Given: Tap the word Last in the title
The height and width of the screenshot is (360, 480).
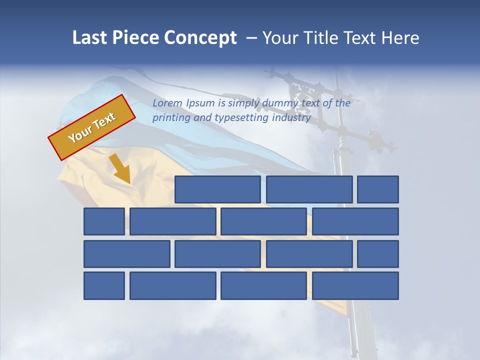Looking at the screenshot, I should click(90, 38).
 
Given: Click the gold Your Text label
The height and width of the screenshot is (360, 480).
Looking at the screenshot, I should click(91, 127).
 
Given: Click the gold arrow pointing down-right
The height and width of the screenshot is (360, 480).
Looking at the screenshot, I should click(121, 170).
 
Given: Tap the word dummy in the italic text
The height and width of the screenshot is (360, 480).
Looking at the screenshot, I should click(246, 103).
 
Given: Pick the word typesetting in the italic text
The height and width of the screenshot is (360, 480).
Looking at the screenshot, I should click(241, 118).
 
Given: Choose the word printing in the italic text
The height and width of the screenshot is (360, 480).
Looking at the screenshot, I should click(170, 118).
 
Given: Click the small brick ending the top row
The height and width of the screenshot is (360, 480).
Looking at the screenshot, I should click(378, 189).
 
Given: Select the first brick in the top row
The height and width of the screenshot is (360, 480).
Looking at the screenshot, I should click(217, 189).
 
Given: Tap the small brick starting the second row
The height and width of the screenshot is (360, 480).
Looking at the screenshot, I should click(104, 221).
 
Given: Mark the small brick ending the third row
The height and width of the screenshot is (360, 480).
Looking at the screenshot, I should click(378, 254).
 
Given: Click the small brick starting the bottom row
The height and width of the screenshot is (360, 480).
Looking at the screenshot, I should click(104, 285).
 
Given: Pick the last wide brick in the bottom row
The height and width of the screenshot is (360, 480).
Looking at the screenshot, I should click(355, 285).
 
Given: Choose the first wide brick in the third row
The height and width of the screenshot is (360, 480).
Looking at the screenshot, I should click(127, 254).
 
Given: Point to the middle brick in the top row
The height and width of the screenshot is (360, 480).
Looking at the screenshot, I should click(309, 189).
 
